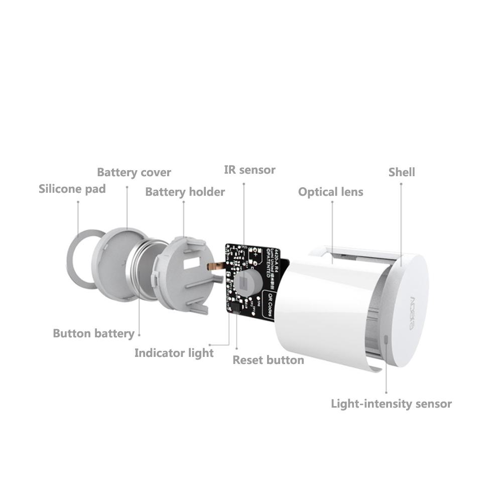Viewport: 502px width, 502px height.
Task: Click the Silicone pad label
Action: coord(72,189)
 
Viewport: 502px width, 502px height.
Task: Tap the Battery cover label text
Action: coord(134,173)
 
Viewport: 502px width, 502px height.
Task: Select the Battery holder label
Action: coord(185,192)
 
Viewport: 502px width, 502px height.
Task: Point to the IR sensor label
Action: coord(249,170)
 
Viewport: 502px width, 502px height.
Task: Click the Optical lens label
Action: coord(330,192)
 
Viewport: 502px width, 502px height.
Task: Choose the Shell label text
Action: coord(402,172)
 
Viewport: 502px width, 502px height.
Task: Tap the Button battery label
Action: coord(93,333)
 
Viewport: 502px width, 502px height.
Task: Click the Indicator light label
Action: coord(174,353)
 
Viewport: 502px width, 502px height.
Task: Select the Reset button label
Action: coord(268,360)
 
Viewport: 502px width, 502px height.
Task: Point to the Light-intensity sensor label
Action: coord(391,404)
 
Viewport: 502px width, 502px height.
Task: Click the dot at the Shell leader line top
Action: coord(401,184)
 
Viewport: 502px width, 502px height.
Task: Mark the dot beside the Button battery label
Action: coord(139,334)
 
